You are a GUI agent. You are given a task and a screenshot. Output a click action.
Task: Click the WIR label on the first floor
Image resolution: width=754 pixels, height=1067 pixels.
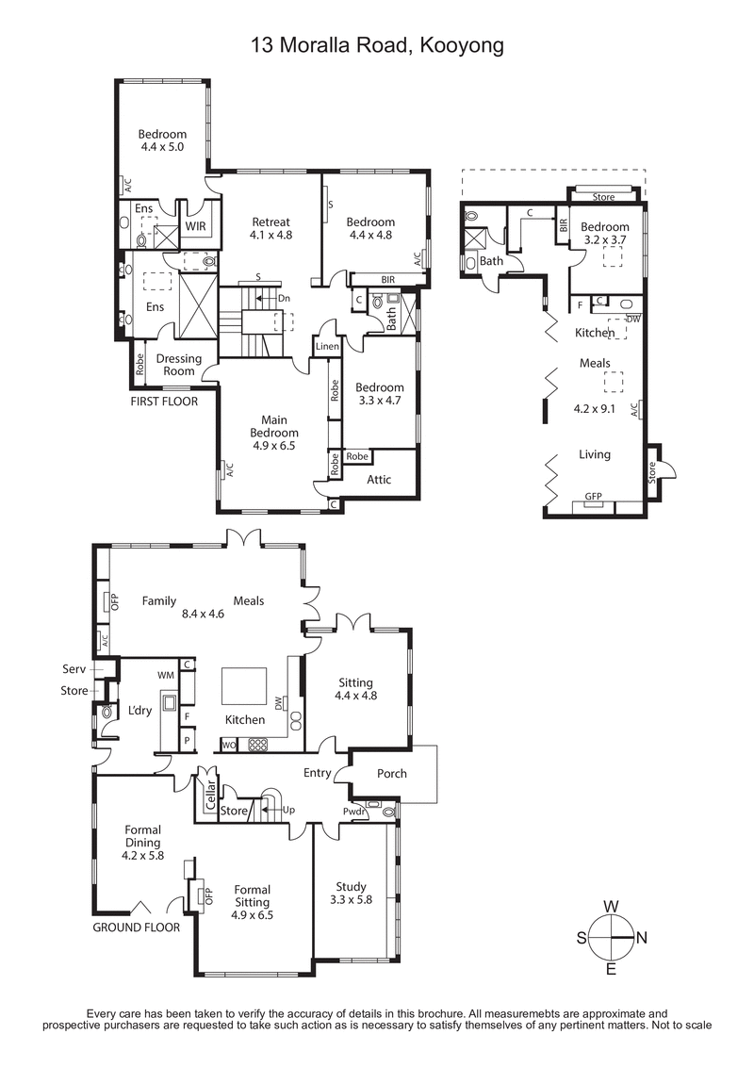click(196, 227)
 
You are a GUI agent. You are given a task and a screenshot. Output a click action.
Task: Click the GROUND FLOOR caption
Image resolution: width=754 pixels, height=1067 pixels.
click(136, 927)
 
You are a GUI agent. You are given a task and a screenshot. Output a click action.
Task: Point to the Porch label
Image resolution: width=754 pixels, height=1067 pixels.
click(392, 773)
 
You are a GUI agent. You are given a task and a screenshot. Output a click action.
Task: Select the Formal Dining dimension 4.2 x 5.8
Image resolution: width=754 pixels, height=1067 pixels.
click(143, 856)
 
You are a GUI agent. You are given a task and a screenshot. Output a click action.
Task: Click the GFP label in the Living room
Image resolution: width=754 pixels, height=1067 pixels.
click(593, 496)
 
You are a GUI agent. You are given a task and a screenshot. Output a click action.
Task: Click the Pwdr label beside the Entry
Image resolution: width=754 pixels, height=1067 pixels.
click(355, 810)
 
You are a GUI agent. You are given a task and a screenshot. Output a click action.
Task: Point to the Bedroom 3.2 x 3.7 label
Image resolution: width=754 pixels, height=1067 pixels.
click(604, 234)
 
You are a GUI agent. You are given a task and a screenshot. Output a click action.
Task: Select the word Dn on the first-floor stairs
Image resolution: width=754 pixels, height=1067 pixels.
click(284, 298)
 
